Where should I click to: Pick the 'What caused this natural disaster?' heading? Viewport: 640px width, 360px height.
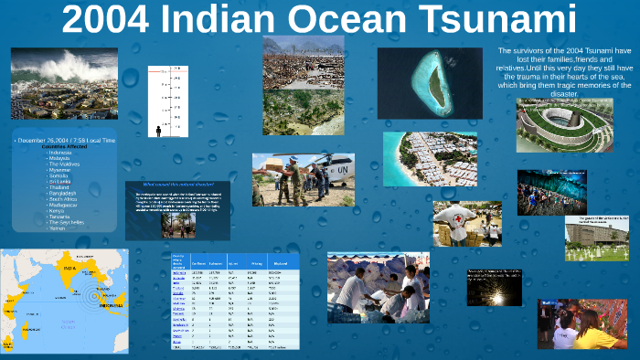(x=176, y=185)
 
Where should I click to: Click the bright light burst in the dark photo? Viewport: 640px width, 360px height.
(x=494, y=292)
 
